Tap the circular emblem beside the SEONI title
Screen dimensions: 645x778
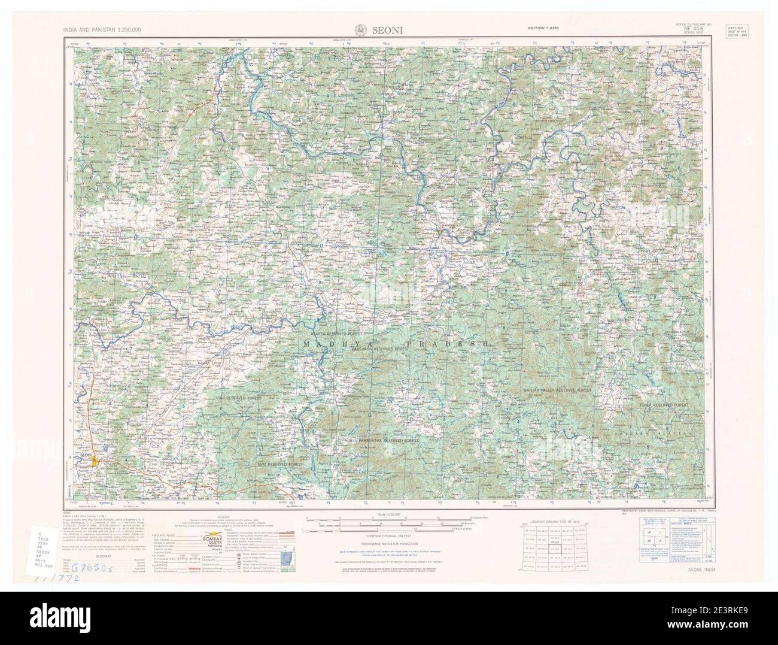coord(361,28)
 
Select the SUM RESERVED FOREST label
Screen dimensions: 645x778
coord(279,465)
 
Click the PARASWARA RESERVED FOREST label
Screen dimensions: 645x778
coord(388,440)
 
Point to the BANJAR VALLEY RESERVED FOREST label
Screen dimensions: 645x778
coord(557,390)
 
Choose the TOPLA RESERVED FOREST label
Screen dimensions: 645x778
coord(662,405)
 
